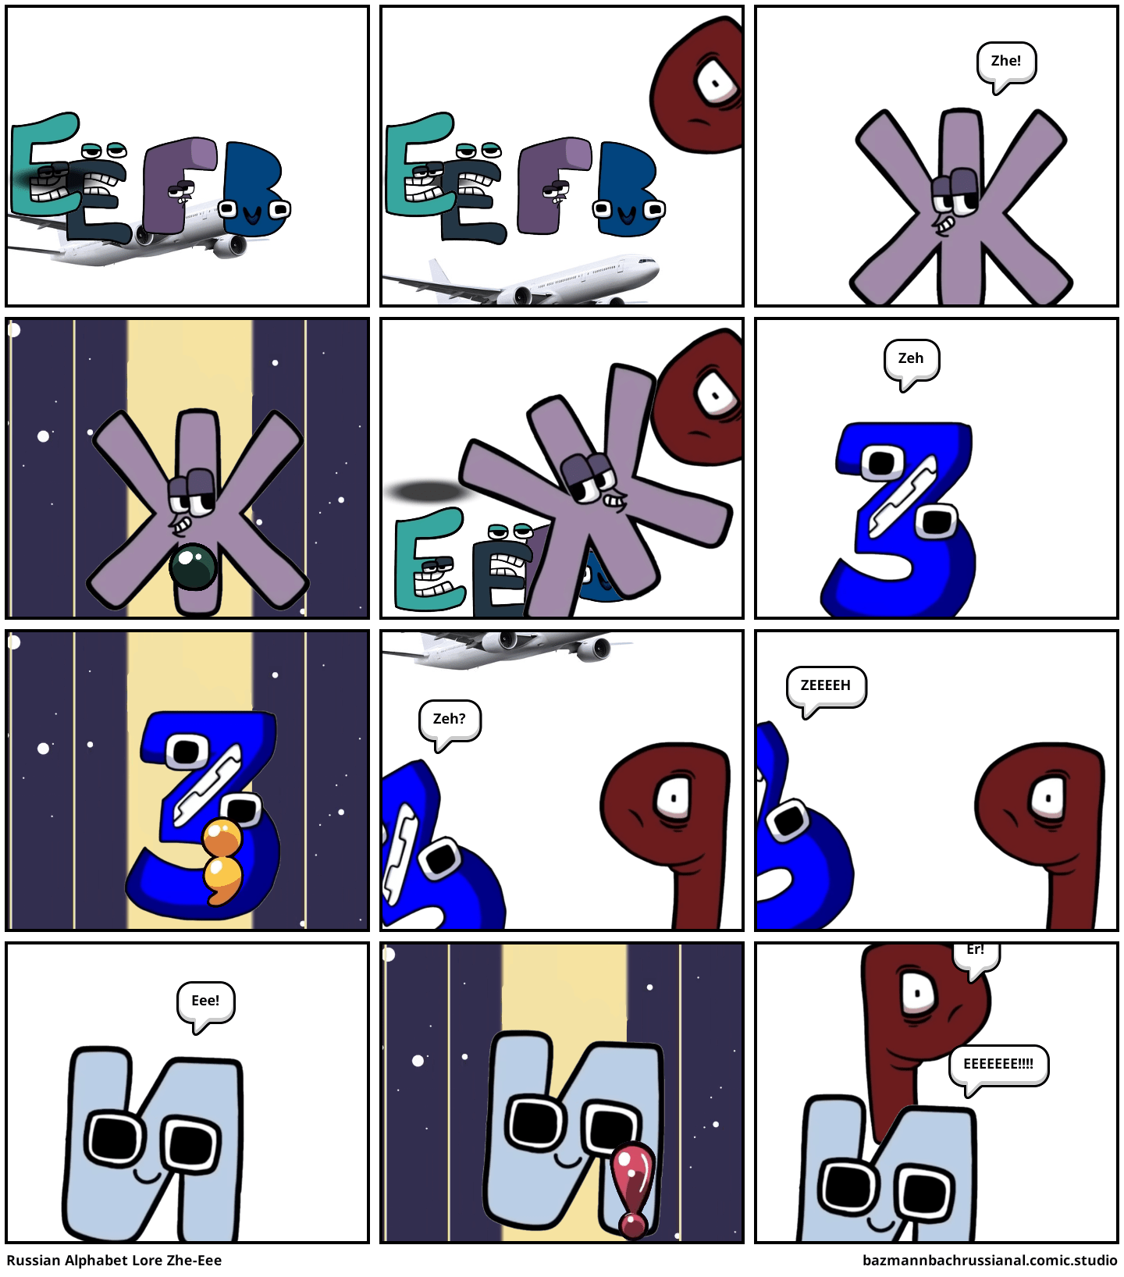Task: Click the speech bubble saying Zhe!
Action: (1006, 62)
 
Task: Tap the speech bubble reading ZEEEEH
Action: (826, 686)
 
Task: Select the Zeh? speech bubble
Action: (450, 720)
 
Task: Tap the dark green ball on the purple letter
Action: (193, 567)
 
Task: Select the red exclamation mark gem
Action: (633, 1190)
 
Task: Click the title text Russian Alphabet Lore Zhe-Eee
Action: (114, 1261)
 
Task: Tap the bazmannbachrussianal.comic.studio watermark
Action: (990, 1261)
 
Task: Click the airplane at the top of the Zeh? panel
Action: (507, 646)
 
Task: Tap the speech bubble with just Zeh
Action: (911, 360)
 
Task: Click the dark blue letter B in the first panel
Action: (255, 190)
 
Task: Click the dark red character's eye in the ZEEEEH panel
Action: (1047, 799)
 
